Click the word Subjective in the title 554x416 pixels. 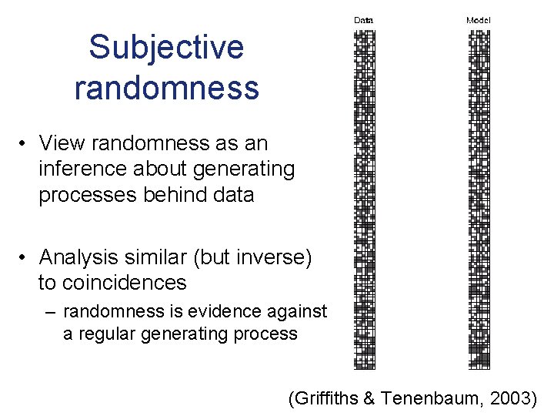166,48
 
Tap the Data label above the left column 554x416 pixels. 363,20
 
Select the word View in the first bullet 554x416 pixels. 61,143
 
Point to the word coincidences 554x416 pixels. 112,283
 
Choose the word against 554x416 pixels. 296,312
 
